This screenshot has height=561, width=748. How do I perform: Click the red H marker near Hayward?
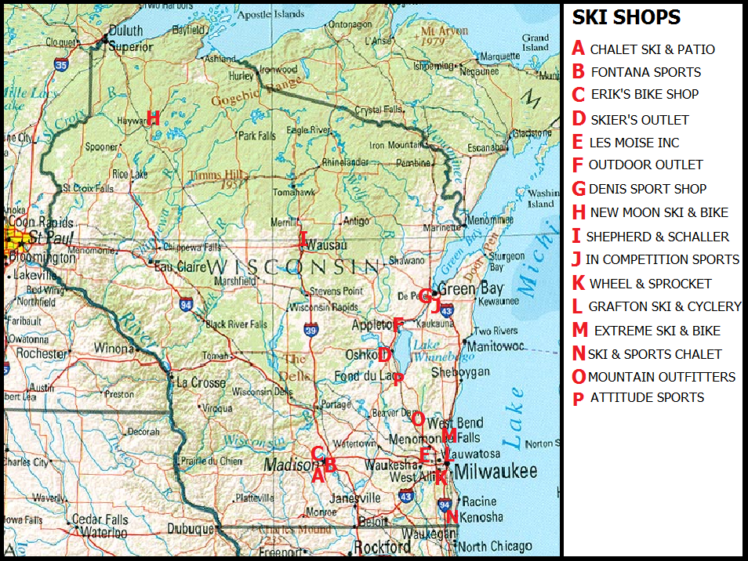(153, 118)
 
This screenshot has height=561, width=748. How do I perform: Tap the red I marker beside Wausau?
(303, 240)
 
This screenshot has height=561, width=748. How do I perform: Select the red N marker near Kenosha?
(451, 516)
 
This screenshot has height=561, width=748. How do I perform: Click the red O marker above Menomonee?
(418, 419)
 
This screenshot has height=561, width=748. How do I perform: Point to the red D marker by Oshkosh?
(384, 355)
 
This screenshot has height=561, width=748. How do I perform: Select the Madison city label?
(287, 465)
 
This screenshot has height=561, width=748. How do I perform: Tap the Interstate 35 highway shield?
(61, 65)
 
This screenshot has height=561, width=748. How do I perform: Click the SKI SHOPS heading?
(626, 17)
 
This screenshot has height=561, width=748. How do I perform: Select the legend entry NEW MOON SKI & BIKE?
(659, 212)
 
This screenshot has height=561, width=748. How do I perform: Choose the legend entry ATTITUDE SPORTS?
(647, 397)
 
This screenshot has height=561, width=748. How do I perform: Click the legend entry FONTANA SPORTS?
(645, 72)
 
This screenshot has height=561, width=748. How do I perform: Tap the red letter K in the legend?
(578, 284)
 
